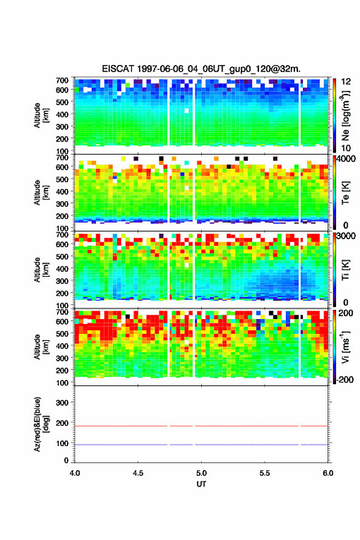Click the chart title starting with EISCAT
(201, 69)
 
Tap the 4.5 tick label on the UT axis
(138, 473)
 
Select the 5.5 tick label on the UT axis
(264, 473)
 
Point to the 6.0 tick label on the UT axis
(327, 473)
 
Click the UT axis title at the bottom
(201, 484)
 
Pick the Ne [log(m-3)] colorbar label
(346, 116)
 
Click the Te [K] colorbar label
(345, 193)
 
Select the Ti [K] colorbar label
(345, 269)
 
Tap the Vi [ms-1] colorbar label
(345, 347)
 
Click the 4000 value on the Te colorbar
(345, 159)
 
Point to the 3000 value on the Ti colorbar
(346, 236)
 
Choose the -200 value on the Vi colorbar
(345, 379)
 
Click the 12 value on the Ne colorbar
(346, 82)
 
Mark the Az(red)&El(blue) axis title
(41, 424)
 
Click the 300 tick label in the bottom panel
(62, 403)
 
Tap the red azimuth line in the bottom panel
(201, 426)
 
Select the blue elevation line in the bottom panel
(201, 445)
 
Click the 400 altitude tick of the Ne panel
(62, 114)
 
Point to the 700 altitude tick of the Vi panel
(62, 312)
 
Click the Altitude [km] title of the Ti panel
(41, 269)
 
